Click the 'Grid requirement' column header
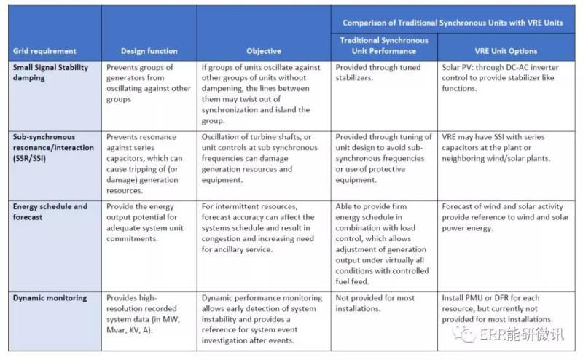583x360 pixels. (44, 51)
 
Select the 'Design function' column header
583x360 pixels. (149, 51)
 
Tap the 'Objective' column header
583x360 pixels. (265, 51)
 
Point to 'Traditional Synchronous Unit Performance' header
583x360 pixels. (384, 45)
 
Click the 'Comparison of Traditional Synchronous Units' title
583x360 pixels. (453, 23)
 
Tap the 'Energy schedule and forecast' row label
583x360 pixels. (50, 211)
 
